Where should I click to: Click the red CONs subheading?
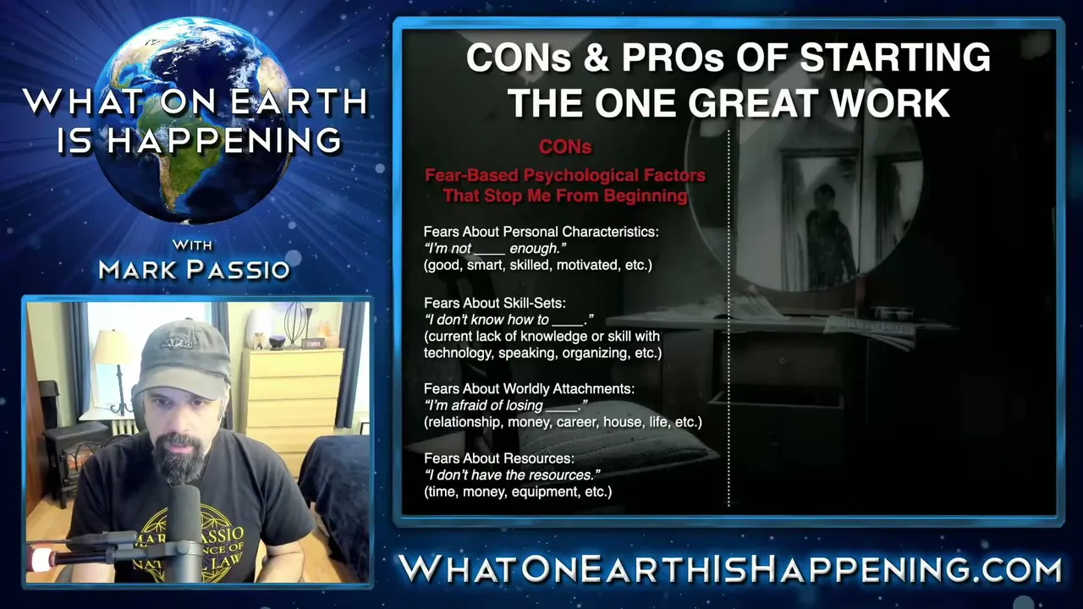tap(565, 147)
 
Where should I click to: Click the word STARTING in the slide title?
tap(895, 58)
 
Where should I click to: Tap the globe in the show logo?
tap(195, 122)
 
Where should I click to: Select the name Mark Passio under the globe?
tap(195, 270)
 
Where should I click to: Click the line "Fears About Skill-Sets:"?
tap(495, 303)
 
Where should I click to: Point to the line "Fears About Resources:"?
tap(499, 458)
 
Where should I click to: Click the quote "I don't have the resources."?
tap(512, 475)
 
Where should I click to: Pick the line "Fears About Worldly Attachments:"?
tap(529, 388)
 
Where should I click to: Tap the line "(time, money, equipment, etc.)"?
tap(518, 492)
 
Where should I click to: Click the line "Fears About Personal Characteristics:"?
tap(541, 232)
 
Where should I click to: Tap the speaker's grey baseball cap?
tap(185, 359)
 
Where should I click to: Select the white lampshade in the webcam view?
tap(113, 348)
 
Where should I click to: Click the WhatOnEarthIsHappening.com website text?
tap(729, 568)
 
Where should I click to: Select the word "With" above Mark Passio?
tap(192, 245)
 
